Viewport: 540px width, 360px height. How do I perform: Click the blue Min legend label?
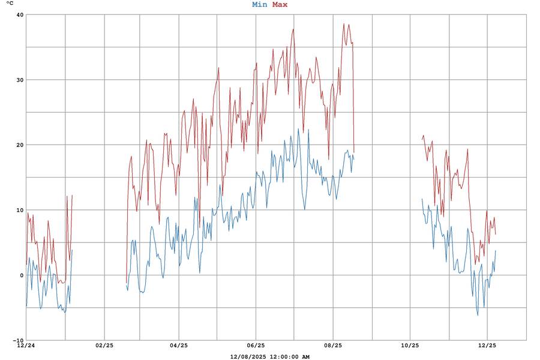coord(260,5)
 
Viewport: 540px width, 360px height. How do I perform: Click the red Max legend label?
coord(280,5)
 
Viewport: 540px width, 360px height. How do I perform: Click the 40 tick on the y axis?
coord(19,15)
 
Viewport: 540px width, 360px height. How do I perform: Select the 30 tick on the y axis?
coord(19,80)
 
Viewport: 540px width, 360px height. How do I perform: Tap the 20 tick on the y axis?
coord(19,145)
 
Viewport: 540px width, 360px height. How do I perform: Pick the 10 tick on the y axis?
coord(19,210)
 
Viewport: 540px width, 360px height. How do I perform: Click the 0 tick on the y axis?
coord(21,275)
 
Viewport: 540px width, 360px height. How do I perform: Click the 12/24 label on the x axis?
coord(26,346)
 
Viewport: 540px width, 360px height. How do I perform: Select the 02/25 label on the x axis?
coord(104,346)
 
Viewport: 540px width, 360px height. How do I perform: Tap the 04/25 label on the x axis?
coord(179,346)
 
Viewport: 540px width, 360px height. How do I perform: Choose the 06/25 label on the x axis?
coord(256,346)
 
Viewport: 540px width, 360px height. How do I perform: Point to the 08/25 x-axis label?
coord(333,346)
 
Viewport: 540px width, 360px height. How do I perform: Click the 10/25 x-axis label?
coord(410,346)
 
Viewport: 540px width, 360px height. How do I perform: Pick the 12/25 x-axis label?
coord(487,346)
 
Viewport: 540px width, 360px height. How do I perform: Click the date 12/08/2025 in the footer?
coord(248,357)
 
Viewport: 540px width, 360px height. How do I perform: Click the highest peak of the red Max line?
coord(344,24)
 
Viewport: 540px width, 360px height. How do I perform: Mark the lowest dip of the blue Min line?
coord(478,315)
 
